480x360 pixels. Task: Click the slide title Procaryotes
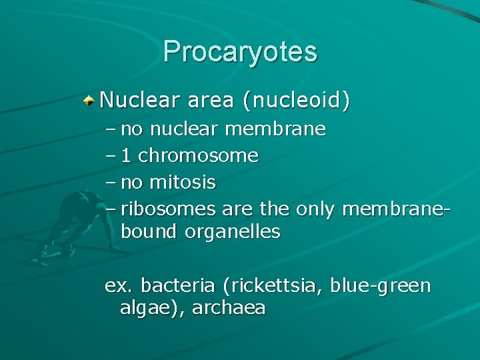coord(240,52)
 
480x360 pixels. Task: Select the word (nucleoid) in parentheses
coord(296,101)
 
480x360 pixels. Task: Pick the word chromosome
coord(198,156)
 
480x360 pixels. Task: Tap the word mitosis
coord(184,181)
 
